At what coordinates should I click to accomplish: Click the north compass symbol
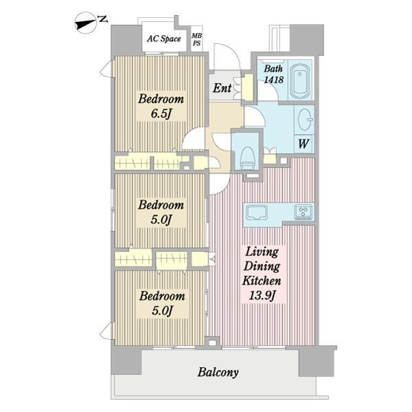(x=87, y=23)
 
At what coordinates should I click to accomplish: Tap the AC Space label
(x=164, y=39)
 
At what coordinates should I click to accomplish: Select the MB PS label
(x=196, y=39)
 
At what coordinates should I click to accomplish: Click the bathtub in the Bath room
(x=301, y=80)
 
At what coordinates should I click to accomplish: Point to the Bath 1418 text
(x=273, y=74)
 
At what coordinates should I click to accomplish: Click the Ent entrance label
(x=222, y=88)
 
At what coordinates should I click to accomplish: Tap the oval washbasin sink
(x=305, y=119)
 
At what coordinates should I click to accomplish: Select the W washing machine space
(x=304, y=144)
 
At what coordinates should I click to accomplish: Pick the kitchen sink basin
(x=257, y=212)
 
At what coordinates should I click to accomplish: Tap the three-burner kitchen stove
(x=304, y=211)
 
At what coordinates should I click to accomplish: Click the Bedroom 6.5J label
(x=161, y=106)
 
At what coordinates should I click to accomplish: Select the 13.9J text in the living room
(x=262, y=296)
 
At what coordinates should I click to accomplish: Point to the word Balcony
(x=218, y=372)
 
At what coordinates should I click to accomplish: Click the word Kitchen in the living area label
(x=262, y=281)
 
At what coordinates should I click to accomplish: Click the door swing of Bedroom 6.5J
(x=194, y=139)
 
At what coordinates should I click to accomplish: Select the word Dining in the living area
(x=262, y=266)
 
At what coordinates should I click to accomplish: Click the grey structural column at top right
(x=307, y=39)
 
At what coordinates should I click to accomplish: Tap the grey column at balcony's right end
(x=317, y=362)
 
